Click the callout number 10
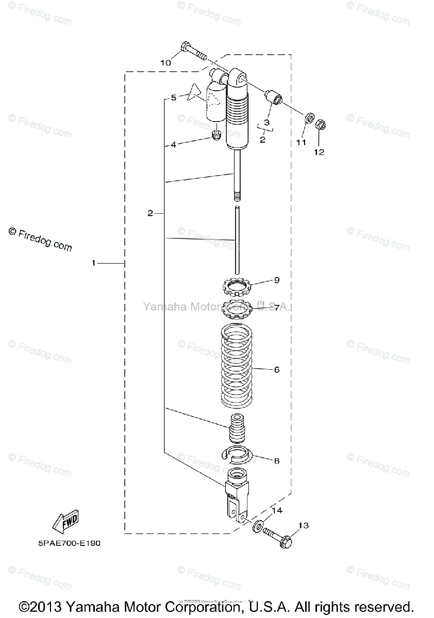165,62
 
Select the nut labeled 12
319,125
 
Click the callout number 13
304,525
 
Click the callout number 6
277,370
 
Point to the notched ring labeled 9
237,285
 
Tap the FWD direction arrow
64,523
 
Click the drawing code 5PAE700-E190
69,543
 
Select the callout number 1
93,263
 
